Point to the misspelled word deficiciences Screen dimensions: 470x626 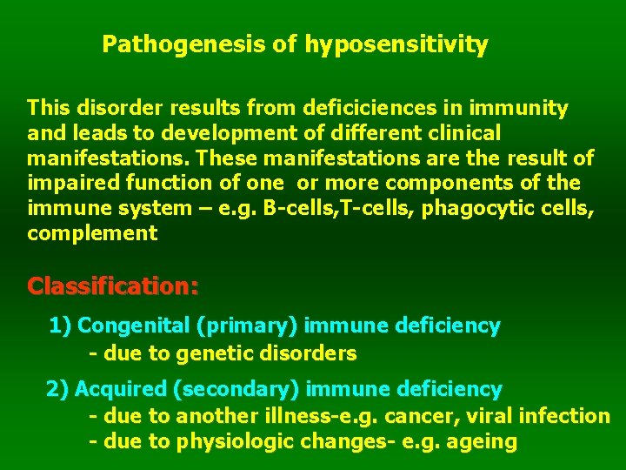375,109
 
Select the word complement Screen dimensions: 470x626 92,234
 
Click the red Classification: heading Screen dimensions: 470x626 113,285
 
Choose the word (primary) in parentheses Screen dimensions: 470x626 249,326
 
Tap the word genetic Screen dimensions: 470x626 211,353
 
